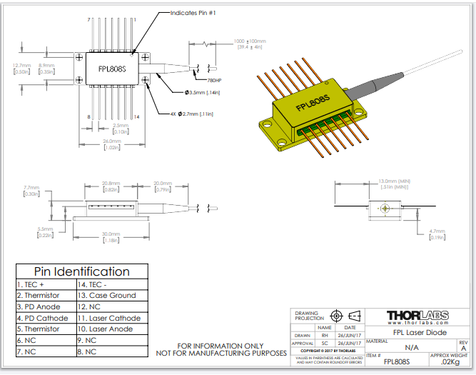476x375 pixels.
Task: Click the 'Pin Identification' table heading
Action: tap(82, 271)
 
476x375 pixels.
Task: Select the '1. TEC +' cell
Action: tap(29, 284)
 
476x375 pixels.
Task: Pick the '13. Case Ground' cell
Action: tap(107, 295)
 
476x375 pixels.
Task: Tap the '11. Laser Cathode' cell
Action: tap(110, 318)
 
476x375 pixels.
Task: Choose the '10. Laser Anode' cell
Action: tap(108, 329)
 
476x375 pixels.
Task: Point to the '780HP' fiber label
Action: tap(213, 81)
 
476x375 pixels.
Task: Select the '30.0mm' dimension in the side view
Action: tap(111, 234)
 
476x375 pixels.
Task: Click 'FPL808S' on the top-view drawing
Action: tap(111, 69)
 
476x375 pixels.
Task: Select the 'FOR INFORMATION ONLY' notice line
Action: tap(221, 346)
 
